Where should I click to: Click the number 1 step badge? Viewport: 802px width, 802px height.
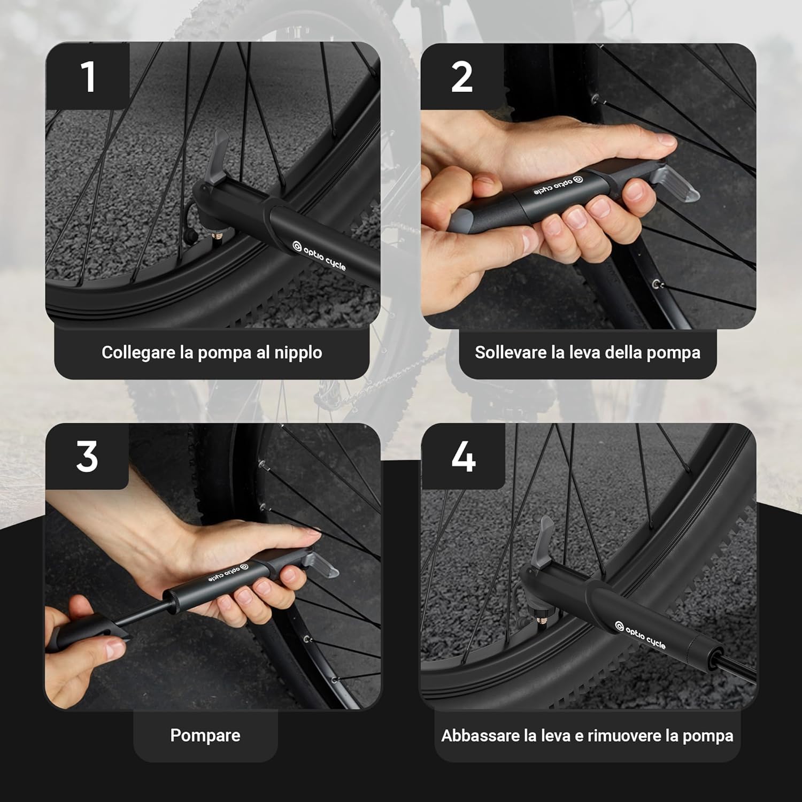tap(88, 76)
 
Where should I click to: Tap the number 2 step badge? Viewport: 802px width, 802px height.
tap(462, 76)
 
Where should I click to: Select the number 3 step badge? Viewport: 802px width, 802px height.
tap(87, 457)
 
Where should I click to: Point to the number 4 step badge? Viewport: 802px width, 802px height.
tap(463, 457)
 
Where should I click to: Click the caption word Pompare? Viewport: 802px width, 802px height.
tap(205, 735)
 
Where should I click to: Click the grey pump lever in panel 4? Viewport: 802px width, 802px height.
tap(544, 543)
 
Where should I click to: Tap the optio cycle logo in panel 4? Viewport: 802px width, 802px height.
tap(640, 635)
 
